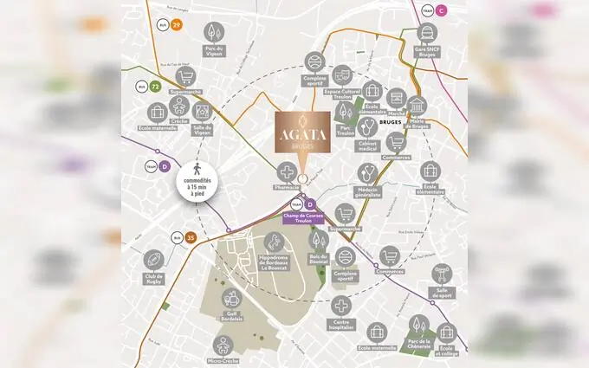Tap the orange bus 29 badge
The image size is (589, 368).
point(177,25)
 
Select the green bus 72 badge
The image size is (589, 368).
point(155,87)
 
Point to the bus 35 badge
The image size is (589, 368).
point(191,236)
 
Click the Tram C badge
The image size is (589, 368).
point(442,10)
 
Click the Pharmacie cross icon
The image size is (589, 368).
point(287,172)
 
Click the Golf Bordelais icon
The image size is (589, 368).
point(232,299)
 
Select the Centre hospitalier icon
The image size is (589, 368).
point(341,307)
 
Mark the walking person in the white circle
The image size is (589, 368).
point(198,170)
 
